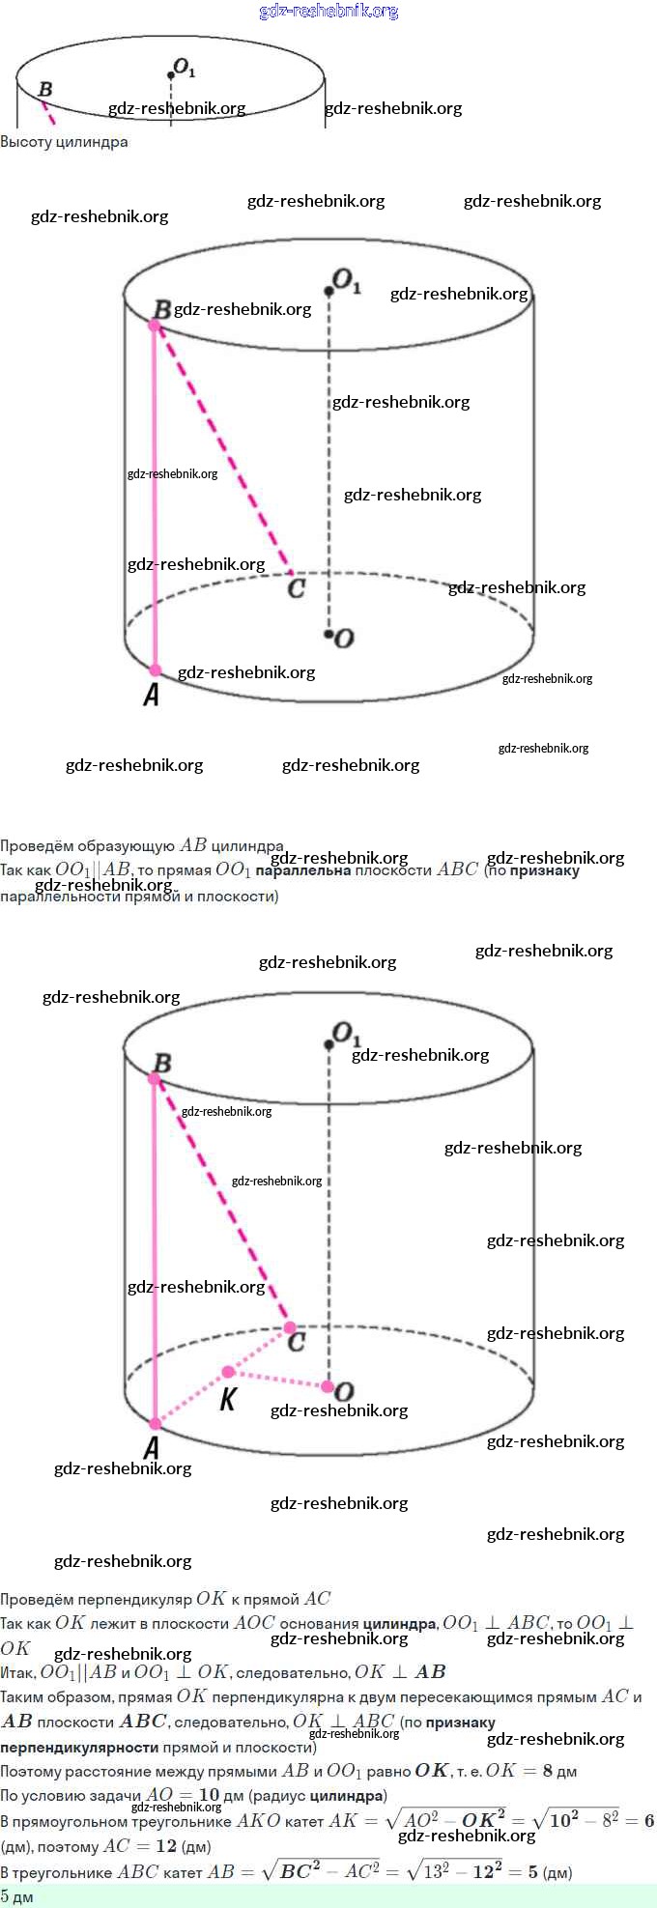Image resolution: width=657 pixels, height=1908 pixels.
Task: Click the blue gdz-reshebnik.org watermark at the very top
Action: pyautogui.click(x=328, y=12)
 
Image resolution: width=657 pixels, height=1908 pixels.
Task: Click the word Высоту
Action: pyautogui.click(x=26, y=142)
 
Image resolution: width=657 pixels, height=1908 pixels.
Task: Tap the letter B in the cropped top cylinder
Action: pyautogui.click(x=45, y=90)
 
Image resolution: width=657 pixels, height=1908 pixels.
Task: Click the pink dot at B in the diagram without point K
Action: pyautogui.click(x=155, y=326)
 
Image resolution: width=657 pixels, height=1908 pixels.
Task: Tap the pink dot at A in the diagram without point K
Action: pyautogui.click(x=156, y=669)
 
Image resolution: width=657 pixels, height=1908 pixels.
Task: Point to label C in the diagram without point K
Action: pyautogui.click(x=297, y=587)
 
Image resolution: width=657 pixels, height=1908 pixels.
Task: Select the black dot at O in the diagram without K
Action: pyautogui.click(x=329, y=635)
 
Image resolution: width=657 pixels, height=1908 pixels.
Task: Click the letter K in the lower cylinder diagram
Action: pyautogui.click(x=228, y=1399)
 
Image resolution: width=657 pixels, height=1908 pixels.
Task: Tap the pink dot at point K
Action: pyautogui.click(x=228, y=1372)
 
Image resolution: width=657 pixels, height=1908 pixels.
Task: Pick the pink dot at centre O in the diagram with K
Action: pyautogui.click(x=328, y=1387)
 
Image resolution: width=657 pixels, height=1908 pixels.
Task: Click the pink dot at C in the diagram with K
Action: pyautogui.click(x=290, y=1327)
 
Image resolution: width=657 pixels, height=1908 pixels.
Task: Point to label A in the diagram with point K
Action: pyautogui.click(x=152, y=1446)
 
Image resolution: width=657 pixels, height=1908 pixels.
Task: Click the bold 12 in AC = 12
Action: pyautogui.click(x=166, y=1846)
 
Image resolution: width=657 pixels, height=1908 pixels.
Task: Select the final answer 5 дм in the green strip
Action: pyautogui.click(x=16, y=1897)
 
